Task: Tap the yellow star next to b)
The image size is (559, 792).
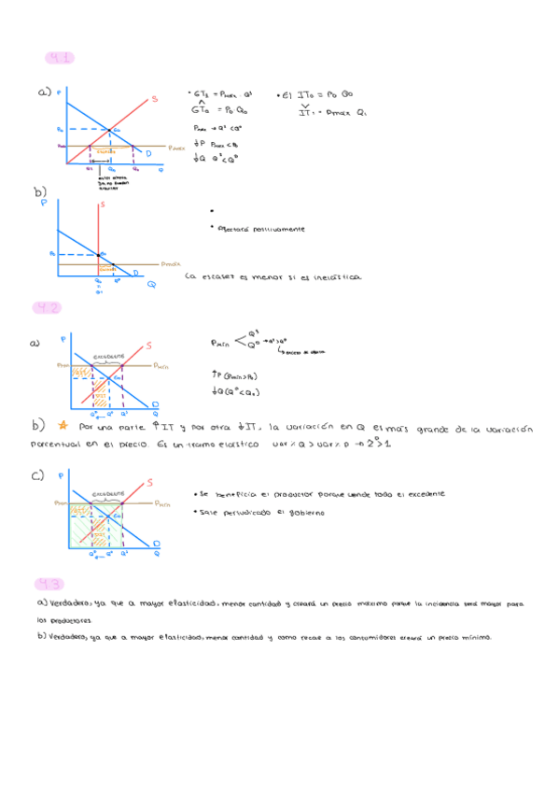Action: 68,426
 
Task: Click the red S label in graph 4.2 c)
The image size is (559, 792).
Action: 151,483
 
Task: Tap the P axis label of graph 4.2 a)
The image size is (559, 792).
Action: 63,338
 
